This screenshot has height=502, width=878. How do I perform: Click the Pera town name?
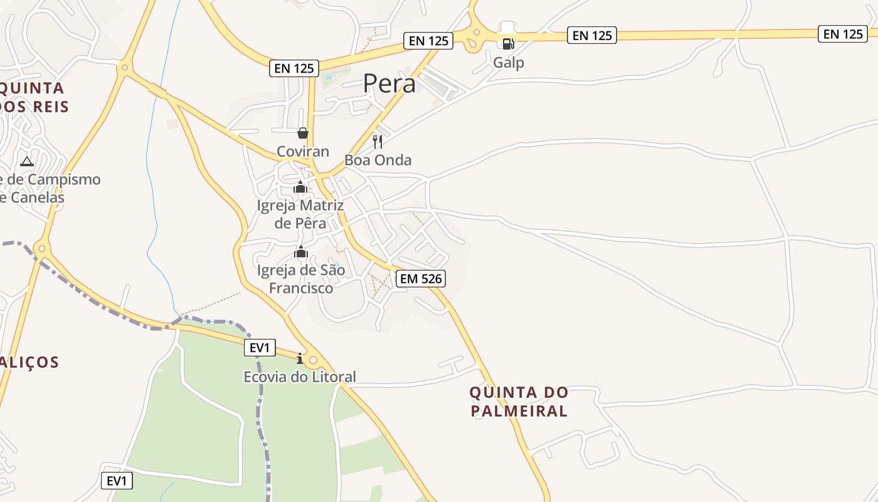(389, 83)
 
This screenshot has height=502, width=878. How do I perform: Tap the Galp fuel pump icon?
(508, 43)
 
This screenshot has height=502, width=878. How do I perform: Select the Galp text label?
(508, 63)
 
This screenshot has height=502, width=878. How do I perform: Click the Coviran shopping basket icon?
(303, 133)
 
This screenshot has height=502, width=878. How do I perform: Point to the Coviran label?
(303, 151)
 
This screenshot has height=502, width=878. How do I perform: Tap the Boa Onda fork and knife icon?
(378, 141)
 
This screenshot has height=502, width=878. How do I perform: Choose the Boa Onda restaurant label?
(378, 160)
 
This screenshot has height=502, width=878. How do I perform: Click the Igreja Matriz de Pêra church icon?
(300, 187)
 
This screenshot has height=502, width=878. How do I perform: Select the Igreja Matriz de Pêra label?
(300, 214)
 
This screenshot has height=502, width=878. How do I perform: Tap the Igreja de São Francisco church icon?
(301, 252)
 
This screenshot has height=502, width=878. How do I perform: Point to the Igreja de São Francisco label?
(301, 279)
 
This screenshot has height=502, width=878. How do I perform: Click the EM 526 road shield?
(420, 279)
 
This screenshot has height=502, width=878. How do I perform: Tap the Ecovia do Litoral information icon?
(300, 359)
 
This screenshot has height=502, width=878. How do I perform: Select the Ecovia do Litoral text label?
(300, 376)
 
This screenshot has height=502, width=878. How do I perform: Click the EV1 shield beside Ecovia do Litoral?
(260, 348)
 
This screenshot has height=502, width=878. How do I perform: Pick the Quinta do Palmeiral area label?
(519, 402)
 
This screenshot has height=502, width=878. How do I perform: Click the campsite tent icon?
(26, 161)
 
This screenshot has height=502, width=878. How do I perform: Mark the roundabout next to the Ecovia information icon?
(313, 360)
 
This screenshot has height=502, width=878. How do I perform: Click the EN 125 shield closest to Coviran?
(294, 68)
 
